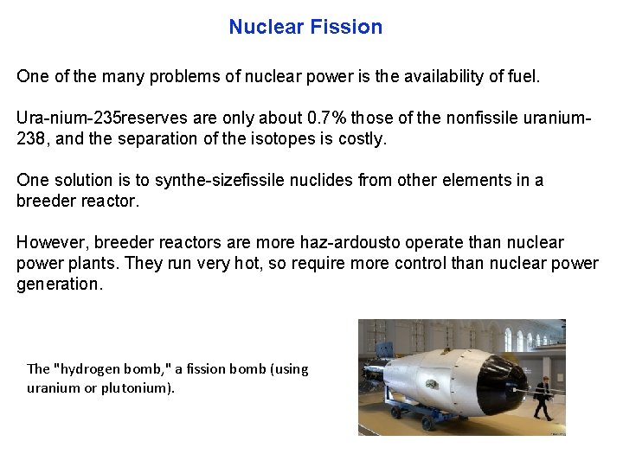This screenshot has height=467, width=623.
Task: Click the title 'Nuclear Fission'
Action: [x=305, y=27]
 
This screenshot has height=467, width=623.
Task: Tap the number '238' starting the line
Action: [x=30, y=138]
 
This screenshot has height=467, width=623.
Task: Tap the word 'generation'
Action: [x=58, y=284]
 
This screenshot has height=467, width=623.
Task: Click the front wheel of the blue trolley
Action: [x=427, y=422]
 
